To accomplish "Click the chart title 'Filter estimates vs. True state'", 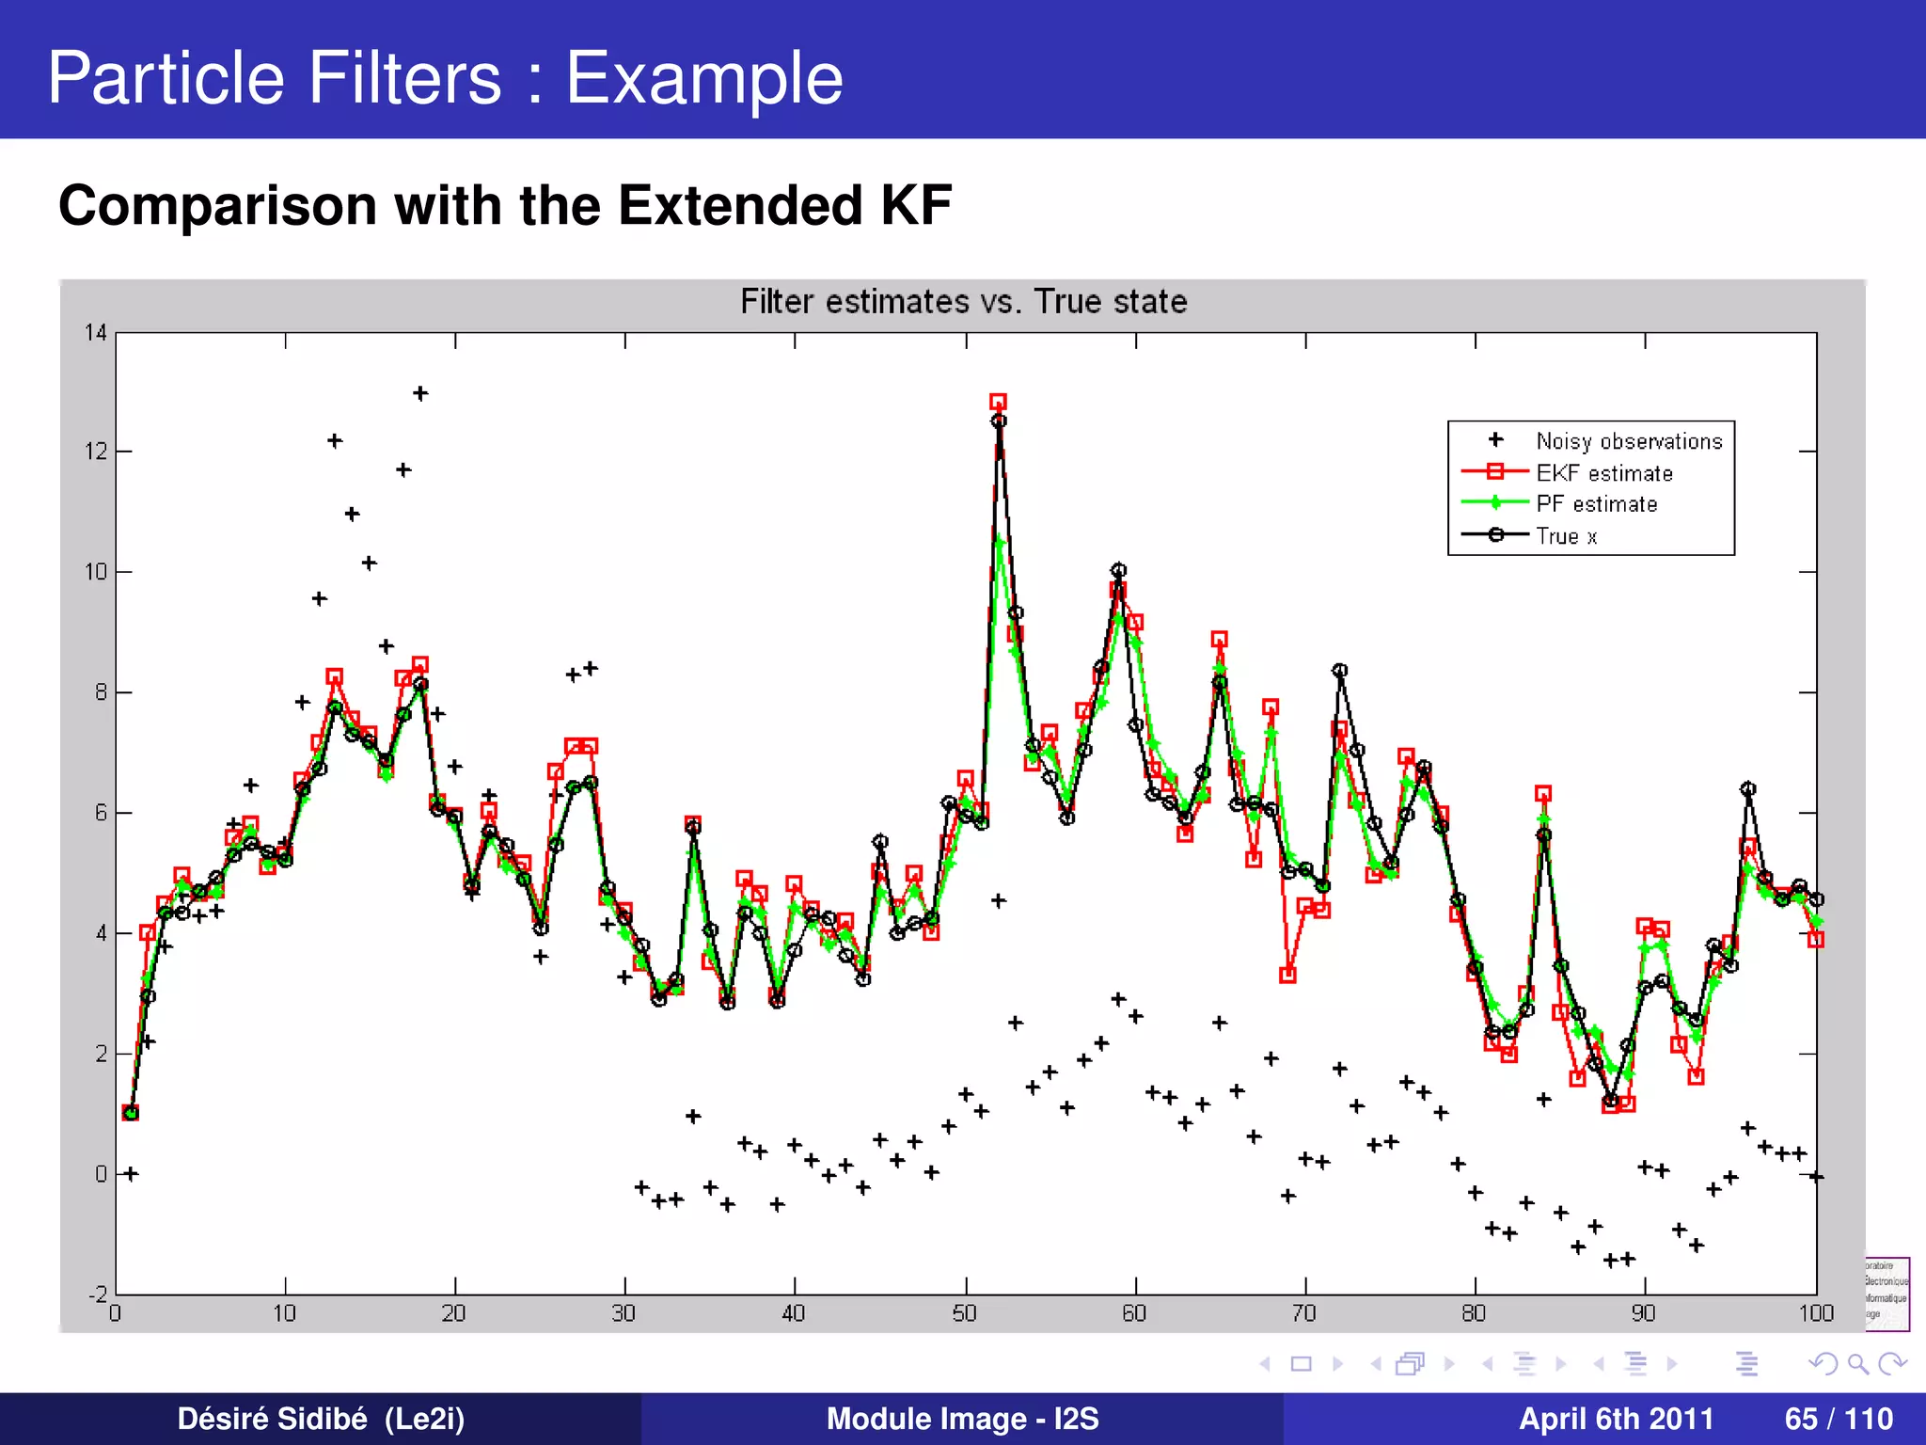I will (x=963, y=302).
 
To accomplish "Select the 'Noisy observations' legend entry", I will (x=1629, y=441).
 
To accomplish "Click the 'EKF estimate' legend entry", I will (x=1604, y=473).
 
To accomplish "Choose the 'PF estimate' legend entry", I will (x=1596, y=504).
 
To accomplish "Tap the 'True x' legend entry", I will (x=1566, y=536).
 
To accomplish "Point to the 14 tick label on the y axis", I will (x=96, y=332).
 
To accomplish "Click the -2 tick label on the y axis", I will (x=98, y=1294).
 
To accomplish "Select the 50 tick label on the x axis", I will (x=965, y=1313).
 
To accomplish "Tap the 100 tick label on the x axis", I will (x=1816, y=1313).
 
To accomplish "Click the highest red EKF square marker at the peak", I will (x=998, y=402).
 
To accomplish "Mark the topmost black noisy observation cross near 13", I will (x=420, y=393).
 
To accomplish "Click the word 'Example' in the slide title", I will (x=703, y=78).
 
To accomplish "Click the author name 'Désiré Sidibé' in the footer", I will (x=272, y=1419).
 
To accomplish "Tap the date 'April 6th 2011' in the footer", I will (x=1616, y=1419).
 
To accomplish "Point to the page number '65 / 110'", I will (x=1839, y=1419).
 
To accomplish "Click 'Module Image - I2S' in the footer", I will (x=962, y=1419).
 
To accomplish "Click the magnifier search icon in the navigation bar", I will (x=1857, y=1363).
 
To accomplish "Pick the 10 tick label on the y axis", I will (x=96, y=572).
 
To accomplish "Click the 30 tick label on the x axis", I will (x=624, y=1313).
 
